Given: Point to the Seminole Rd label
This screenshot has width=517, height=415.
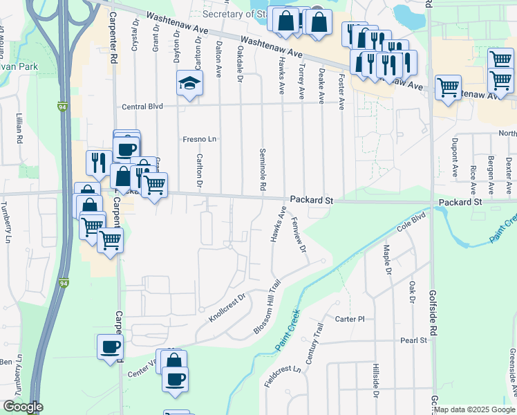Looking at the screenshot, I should click(x=263, y=169).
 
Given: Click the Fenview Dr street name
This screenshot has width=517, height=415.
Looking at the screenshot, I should click(x=299, y=236).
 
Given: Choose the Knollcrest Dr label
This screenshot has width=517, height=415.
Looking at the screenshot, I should click(x=227, y=308).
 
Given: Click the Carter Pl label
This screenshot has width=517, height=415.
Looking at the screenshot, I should click(x=349, y=319).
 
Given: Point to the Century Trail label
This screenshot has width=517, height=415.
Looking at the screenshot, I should click(x=314, y=349).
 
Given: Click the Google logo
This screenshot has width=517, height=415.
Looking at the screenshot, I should click(x=23, y=407).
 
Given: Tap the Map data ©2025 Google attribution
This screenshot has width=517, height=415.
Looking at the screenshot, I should click(x=473, y=409).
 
